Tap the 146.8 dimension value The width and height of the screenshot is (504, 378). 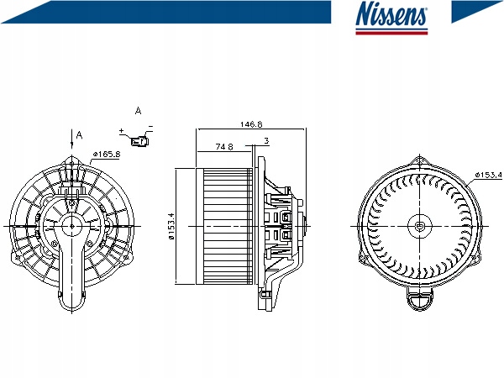click(251, 124)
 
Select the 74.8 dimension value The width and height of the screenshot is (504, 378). click(224, 146)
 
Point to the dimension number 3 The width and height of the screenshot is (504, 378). click(266, 140)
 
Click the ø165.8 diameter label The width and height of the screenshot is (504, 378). click(107, 155)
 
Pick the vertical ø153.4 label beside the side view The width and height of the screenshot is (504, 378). click(171, 226)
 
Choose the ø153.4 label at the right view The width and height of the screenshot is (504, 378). click(488, 175)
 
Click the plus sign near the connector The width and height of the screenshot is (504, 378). click(121, 131)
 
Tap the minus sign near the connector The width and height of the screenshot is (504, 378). click(150, 126)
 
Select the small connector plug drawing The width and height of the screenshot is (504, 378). click(139, 140)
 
